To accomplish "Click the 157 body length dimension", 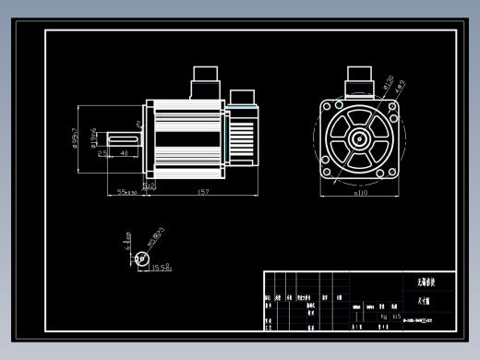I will tap(203, 192).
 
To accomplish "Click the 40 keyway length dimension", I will tap(124, 153).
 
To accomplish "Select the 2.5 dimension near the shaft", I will tap(103, 153).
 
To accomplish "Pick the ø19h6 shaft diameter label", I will tap(93, 138).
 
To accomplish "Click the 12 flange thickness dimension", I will tap(150, 185).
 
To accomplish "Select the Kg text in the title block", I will tap(384, 316).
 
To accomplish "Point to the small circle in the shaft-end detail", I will tap(141, 259).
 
